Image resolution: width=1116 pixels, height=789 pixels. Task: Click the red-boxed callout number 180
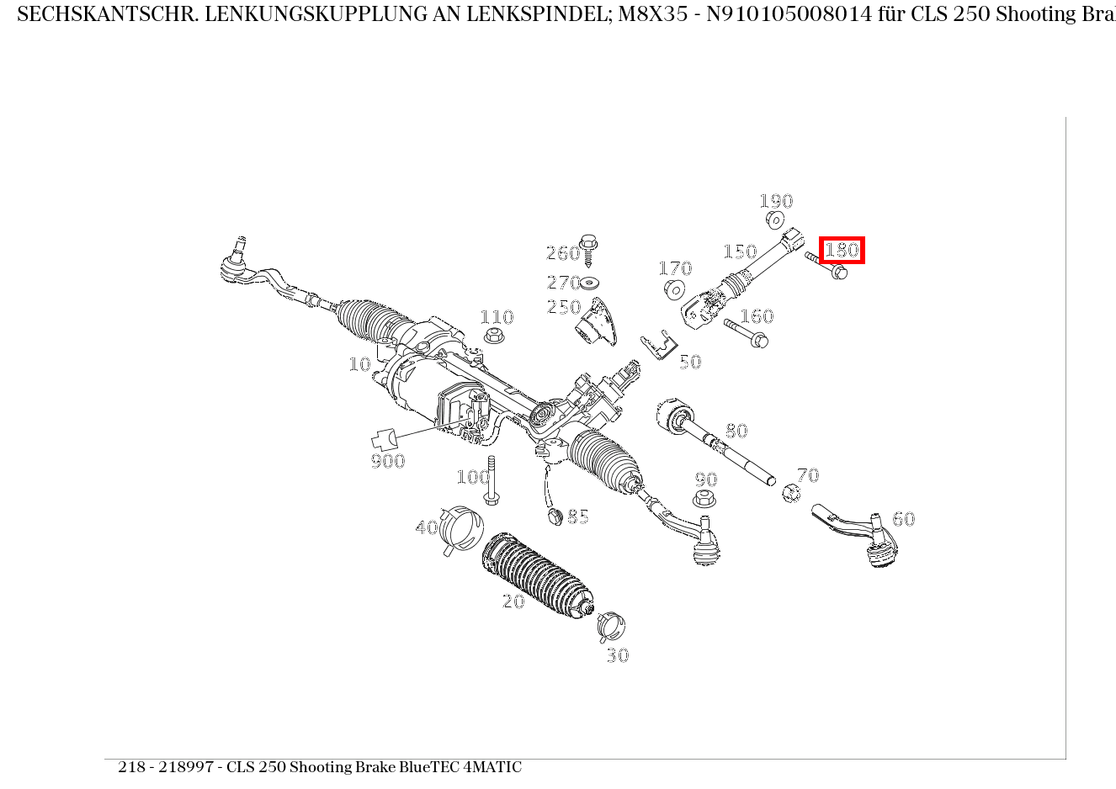(x=842, y=250)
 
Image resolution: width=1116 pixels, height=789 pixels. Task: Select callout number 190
(x=776, y=201)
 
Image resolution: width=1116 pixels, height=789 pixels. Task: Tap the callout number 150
(x=740, y=252)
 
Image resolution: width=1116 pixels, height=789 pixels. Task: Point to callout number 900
(x=388, y=461)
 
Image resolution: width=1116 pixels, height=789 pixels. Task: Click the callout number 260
(x=563, y=253)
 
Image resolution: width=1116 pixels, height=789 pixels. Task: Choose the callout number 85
(x=578, y=516)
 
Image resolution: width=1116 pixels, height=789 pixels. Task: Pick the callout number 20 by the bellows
(x=513, y=601)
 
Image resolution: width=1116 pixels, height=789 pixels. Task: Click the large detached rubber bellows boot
(x=536, y=576)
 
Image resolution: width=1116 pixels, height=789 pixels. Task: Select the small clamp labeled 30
(x=611, y=625)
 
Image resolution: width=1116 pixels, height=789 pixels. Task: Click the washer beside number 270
(x=589, y=283)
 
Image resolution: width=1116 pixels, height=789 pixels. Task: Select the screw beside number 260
(x=588, y=247)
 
